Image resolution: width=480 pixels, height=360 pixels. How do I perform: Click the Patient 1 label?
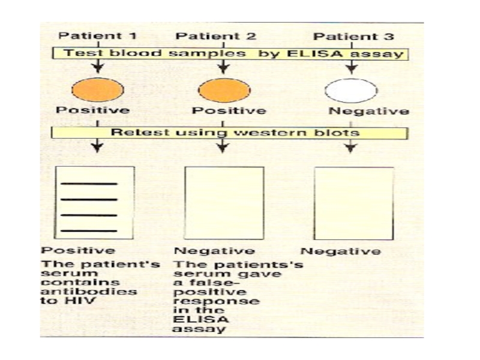point(97,36)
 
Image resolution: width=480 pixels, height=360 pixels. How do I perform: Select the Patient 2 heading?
point(215,36)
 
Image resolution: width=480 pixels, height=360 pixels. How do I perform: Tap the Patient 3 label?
point(353,37)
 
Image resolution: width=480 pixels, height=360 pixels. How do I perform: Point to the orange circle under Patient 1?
point(98,89)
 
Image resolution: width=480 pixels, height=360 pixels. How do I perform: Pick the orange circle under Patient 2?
point(224,91)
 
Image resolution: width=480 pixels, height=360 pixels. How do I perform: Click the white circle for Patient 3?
point(351,91)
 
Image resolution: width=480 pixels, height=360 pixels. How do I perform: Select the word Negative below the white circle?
point(368,111)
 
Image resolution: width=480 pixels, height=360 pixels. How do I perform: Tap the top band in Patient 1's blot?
point(89,184)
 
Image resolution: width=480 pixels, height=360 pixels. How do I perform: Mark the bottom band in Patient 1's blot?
point(89,231)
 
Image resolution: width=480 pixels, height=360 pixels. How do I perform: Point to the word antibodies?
point(89,291)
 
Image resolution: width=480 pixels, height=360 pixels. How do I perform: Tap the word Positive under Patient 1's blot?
point(79,250)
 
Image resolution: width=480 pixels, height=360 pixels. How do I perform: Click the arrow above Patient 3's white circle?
point(352,67)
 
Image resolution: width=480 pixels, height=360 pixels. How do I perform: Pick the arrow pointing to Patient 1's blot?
point(97,145)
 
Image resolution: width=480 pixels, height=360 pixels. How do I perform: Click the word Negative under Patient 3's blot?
point(341,251)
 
